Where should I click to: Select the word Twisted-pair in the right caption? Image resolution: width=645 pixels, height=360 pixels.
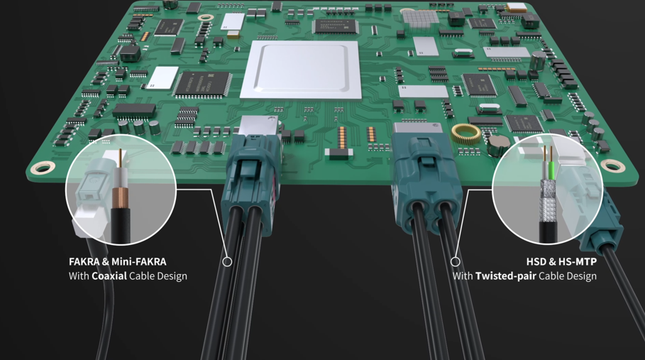tap(505, 276)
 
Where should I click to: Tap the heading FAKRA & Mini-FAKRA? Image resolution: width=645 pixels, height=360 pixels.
tap(118, 261)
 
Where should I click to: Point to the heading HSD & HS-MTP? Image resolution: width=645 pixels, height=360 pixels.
tap(561, 261)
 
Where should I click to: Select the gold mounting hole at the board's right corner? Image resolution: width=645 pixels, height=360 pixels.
tap(612, 166)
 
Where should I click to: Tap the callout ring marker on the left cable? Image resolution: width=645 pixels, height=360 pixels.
tap(227, 261)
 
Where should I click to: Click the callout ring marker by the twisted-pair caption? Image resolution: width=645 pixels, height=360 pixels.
tap(456, 261)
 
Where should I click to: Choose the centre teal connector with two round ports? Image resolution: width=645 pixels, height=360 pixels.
tap(424, 181)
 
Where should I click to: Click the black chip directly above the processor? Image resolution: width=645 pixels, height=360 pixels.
tap(335, 26)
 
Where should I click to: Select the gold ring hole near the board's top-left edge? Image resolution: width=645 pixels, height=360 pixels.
tap(206, 17)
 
